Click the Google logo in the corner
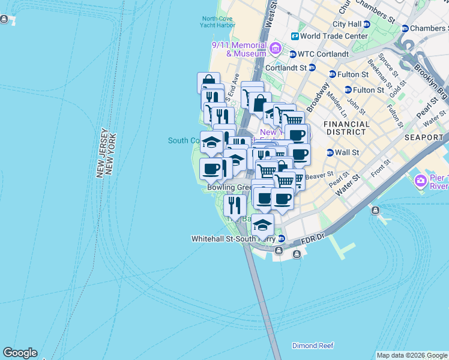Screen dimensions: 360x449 20,353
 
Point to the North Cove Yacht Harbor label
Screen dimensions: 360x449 218,22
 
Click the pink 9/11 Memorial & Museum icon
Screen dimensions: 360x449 276,48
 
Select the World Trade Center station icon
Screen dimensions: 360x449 295,36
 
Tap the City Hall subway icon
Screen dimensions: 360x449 367,24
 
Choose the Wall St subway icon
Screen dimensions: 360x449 330,152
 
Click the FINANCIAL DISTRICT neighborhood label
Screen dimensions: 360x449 346,128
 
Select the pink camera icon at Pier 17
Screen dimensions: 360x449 420,180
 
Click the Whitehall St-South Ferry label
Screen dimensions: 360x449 233,239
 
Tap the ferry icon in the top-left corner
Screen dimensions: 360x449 5,20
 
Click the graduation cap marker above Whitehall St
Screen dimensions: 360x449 262,225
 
